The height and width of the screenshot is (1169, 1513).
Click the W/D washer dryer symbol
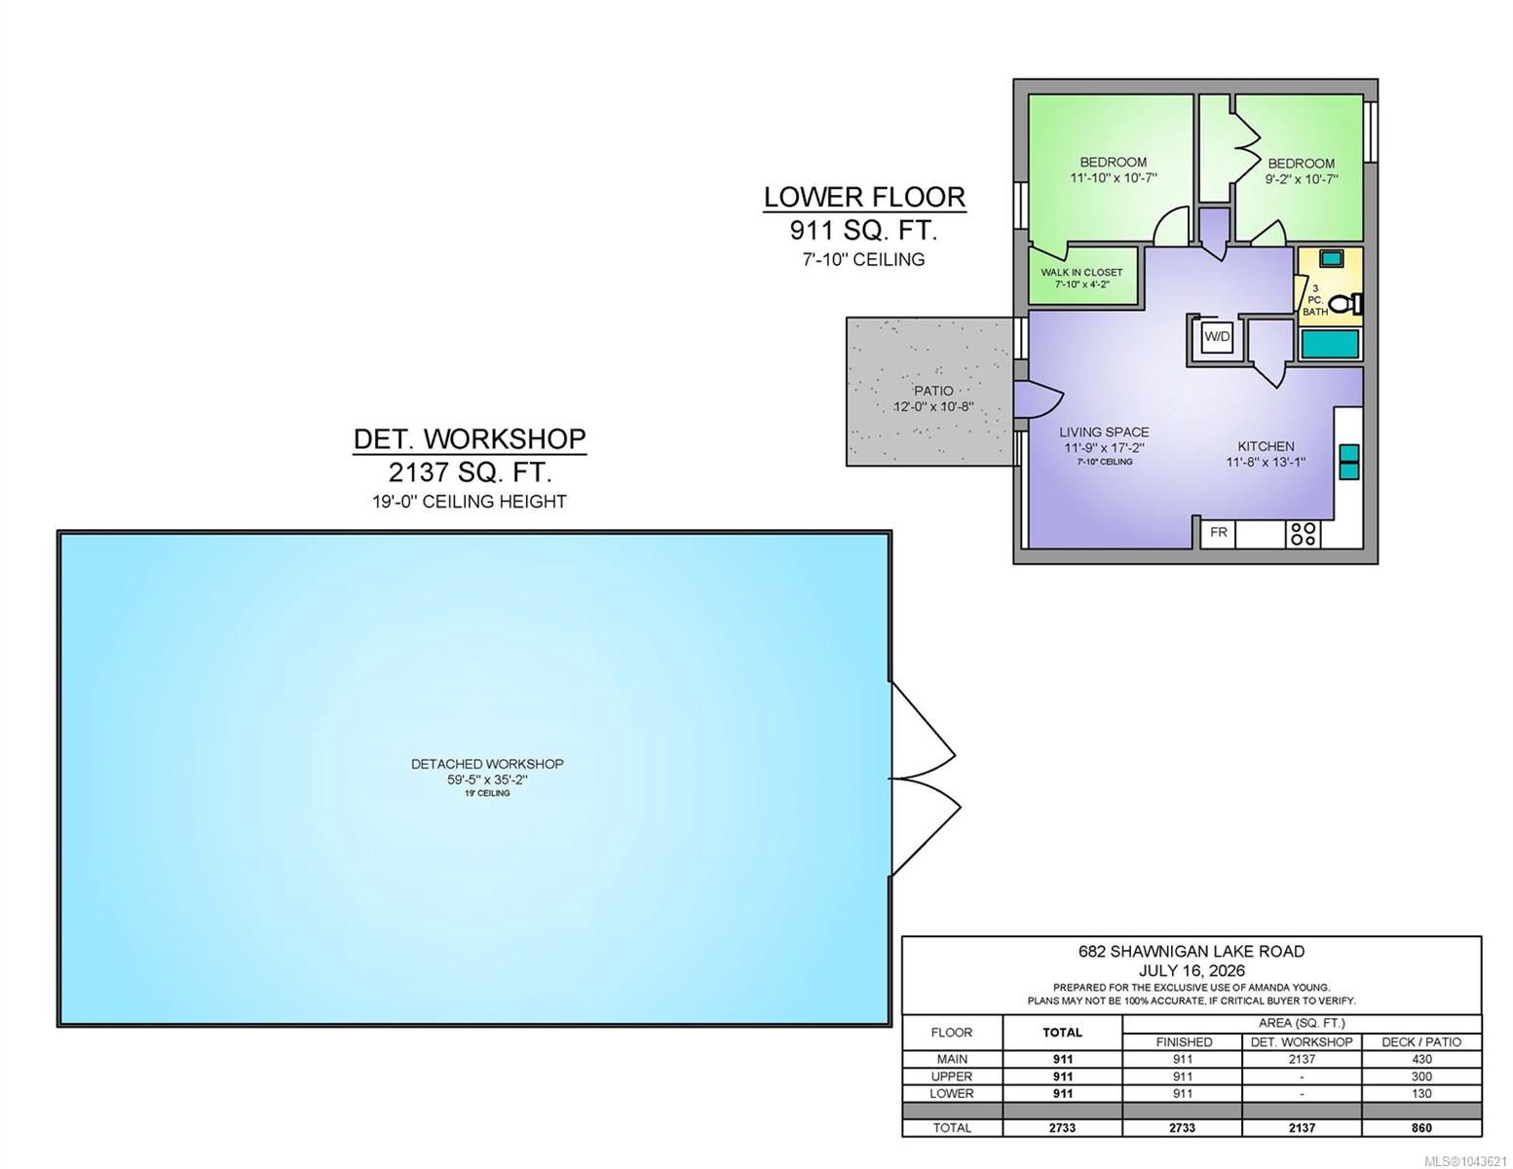(x=1217, y=337)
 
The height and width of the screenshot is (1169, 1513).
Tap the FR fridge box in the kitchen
(x=1219, y=533)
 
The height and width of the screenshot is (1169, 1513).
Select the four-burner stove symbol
(x=1303, y=534)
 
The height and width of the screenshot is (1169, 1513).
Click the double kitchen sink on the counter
(x=1349, y=462)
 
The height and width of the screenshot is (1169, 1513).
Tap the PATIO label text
(x=933, y=392)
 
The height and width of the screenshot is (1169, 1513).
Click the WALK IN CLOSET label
(x=1081, y=272)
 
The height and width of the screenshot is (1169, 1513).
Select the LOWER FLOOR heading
(x=865, y=198)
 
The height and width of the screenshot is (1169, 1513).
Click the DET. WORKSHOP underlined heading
(x=470, y=439)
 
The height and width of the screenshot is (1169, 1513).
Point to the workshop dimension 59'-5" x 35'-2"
(x=487, y=779)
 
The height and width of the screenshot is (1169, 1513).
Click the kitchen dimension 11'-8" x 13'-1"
(x=1266, y=462)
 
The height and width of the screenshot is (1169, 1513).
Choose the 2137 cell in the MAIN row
(x=1302, y=1059)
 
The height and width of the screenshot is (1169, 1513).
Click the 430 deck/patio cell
(x=1421, y=1059)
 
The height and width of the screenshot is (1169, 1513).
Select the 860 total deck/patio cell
(x=1421, y=1127)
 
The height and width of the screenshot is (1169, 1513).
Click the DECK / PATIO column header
(x=1421, y=1041)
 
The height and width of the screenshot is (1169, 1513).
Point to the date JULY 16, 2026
(x=1191, y=970)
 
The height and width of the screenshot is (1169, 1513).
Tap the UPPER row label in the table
(x=951, y=1076)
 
